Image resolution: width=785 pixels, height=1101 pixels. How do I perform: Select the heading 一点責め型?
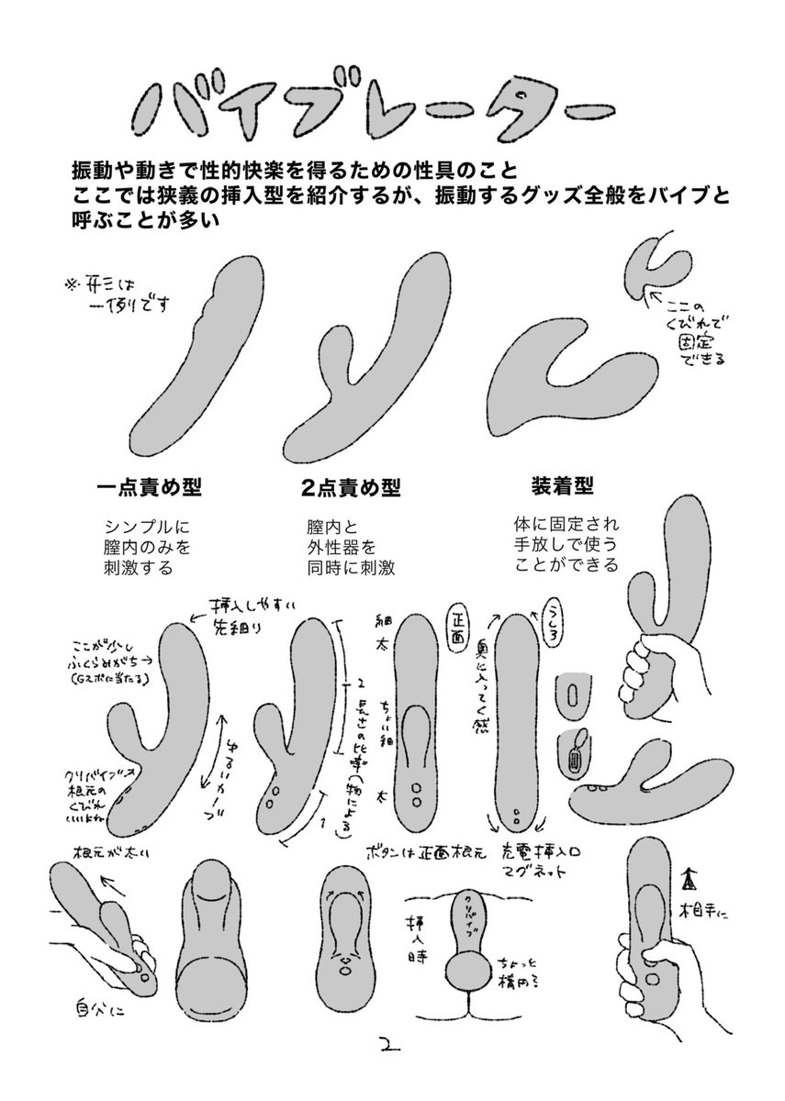(x=149, y=485)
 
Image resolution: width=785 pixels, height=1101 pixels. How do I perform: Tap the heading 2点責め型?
(x=351, y=486)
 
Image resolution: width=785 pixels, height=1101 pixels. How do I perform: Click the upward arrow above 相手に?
(x=685, y=881)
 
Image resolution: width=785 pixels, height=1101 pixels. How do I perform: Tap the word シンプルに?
(x=148, y=528)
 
